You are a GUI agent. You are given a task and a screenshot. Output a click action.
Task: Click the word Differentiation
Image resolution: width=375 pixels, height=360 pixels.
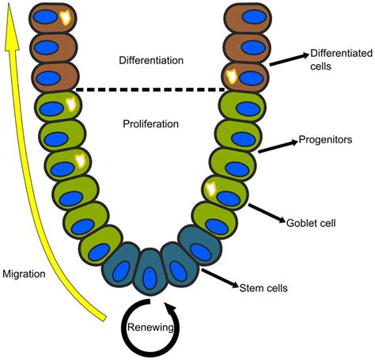pyautogui.click(x=150, y=60)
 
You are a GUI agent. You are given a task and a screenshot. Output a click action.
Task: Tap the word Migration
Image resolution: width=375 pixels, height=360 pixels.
pyautogui.click(x=25, y=274)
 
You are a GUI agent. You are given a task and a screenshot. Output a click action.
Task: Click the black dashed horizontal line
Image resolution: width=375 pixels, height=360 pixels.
pyautogui.click(x=150, y=89)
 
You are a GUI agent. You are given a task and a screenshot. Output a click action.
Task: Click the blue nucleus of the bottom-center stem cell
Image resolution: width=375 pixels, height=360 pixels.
pyautogui.click(x=150, y=279)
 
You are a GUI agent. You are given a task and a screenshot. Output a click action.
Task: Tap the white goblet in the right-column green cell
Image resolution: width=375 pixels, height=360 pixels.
pyautogui.click(x=210, y=188)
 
